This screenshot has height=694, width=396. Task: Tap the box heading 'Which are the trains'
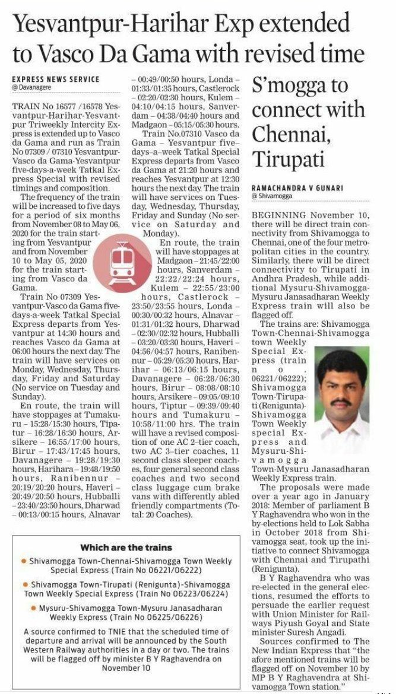[x=126, y=547]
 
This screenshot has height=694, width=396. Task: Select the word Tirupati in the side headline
[x=283, y=158]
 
